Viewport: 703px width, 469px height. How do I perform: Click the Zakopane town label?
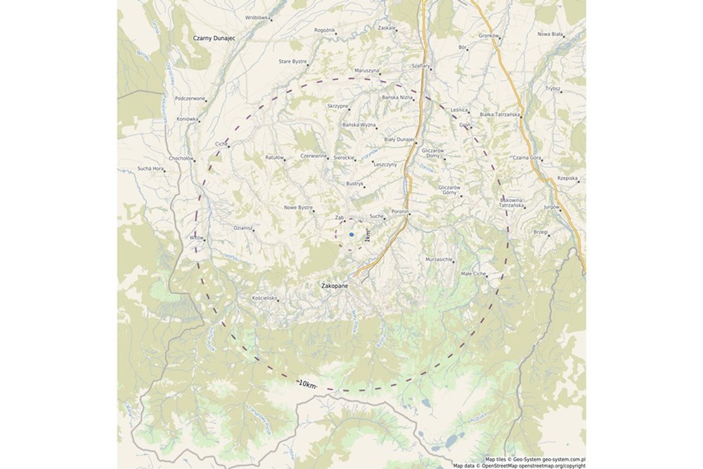coord(335,287)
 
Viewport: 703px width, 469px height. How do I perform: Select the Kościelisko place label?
coord(264,298)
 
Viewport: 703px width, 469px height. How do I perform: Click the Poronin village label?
coord(400,210)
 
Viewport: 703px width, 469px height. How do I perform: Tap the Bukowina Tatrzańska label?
coord(512,203)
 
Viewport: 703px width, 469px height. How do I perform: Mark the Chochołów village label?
coord(181,158)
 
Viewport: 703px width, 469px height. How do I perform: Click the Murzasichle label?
coord(440,259)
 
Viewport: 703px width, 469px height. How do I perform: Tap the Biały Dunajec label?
coord(399,139)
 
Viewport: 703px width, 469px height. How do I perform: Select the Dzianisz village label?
coord(242,228)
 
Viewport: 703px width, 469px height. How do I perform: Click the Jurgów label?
coord(550,207)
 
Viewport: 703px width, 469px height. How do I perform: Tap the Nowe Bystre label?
coord(298,207)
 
